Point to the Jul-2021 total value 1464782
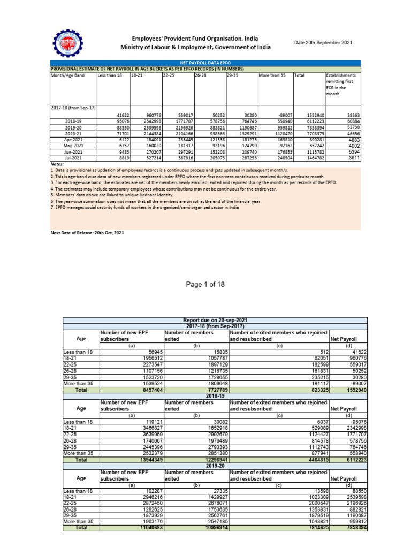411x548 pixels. tap(309, 157)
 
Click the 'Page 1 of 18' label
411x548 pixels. tap(206, 284)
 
